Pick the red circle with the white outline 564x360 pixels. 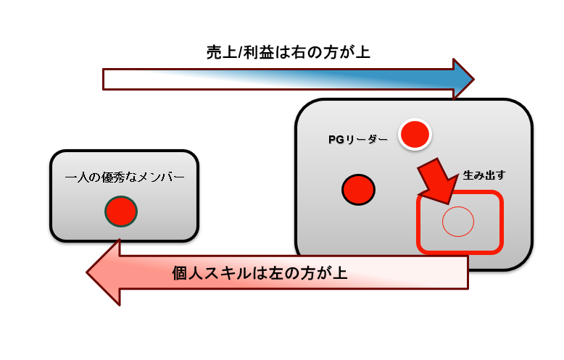coord(415,134)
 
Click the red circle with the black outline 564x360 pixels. coord(358,190)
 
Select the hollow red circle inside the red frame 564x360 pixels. coord(457,221)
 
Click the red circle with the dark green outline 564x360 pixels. coord(121,211)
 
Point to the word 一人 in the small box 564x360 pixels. coord(77,177)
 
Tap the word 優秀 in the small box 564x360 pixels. coord(112,177)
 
